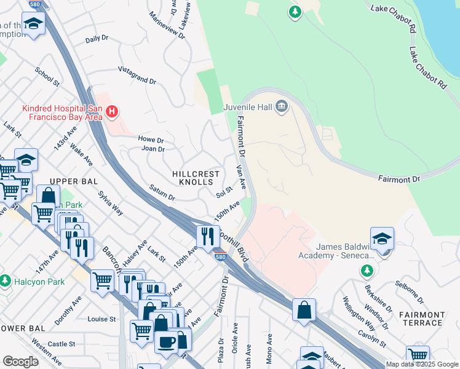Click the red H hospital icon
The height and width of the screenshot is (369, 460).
(111, 112)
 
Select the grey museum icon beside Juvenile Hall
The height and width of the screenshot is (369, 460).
(282, 107)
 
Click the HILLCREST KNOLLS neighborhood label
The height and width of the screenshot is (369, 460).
(196, 178)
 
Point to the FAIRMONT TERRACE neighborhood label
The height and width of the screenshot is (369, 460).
(421, 318)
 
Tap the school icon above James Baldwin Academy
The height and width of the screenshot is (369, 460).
(382, 239)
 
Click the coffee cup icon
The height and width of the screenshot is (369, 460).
(165, 343)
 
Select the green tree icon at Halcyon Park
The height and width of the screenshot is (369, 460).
(6, 281)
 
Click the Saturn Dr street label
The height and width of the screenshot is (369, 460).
(163, 193)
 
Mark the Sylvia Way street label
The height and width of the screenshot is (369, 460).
(111, 203)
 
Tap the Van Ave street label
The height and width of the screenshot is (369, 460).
(242, 177)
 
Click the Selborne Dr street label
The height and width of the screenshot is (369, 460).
(409, 292)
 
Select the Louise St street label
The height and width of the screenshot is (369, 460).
(101, 319)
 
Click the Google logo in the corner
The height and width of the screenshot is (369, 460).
(20, 362)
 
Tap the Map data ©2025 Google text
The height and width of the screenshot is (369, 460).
(421, 364)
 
